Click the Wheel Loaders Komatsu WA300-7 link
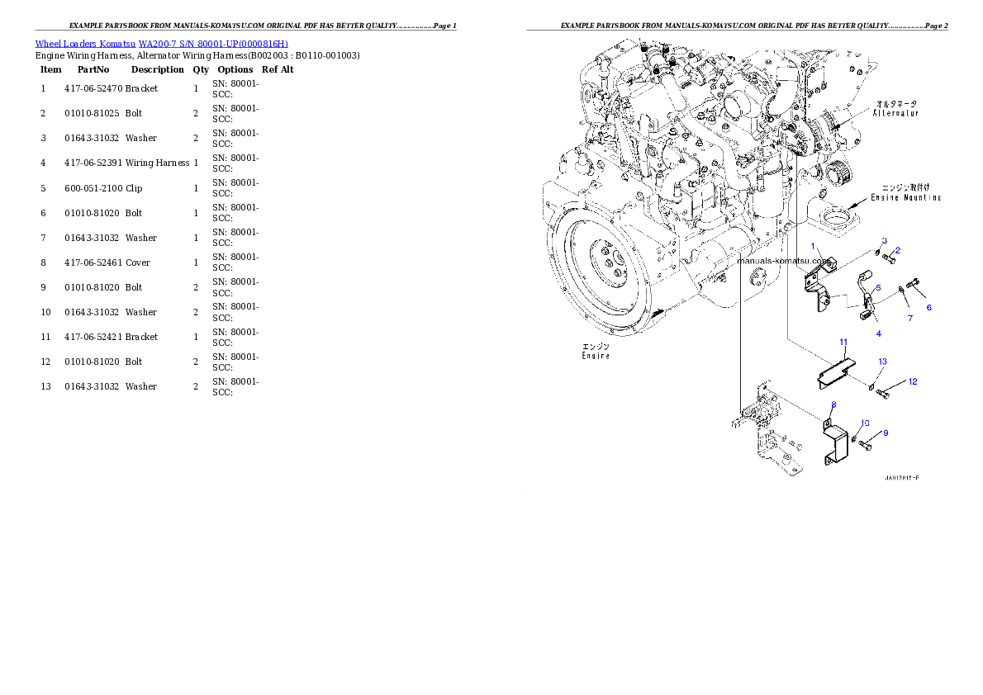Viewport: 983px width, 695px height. [x=161, y=44]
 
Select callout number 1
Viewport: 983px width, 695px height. [x=813, y=246]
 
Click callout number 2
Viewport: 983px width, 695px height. [x=898, y=250]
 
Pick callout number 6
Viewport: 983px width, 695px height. [x=928, y=307]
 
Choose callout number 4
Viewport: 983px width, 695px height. [x=878, y=333]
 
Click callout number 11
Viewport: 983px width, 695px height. [x=843, y=342]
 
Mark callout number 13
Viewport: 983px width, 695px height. [x=882, y=362]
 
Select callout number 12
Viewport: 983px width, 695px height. [x=912, y=381]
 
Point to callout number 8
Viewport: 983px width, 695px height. [x=833, y=404]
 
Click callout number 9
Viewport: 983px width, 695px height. [x=886, y=433]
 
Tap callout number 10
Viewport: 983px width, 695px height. [x=865, y=423]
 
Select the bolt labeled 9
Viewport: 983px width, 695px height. [x=866, y=445]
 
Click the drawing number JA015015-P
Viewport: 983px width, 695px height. [x=901, y=478]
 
